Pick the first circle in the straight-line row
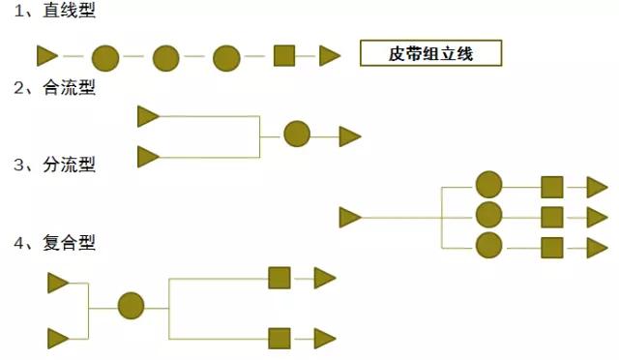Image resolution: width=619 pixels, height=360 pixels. [x=105, y=57]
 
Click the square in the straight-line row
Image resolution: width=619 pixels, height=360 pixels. [x=284, y=56]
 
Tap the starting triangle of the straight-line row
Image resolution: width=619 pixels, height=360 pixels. [x=46, y=56]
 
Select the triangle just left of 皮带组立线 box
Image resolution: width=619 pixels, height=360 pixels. [x=330, y=56]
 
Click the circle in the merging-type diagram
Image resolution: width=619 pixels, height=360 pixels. [x=297, y=135]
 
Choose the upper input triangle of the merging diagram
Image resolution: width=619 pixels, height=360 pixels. [x=148, y=117]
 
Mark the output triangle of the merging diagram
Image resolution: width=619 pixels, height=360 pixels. [x=349, y=135]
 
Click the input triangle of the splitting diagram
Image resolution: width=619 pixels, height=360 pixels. [x=350, y=217]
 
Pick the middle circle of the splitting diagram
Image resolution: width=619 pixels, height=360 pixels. [x=489, y=216]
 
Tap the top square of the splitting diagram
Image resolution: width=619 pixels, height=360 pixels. [x=552, y=187]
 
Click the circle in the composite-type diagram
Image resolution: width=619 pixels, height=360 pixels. [x=132, y=307]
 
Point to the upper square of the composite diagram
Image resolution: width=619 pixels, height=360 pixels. [x=280, y=279]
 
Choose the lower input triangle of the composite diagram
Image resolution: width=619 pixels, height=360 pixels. [x=58, y=338]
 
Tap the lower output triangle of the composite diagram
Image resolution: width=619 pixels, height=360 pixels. [x=324, y=338]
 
